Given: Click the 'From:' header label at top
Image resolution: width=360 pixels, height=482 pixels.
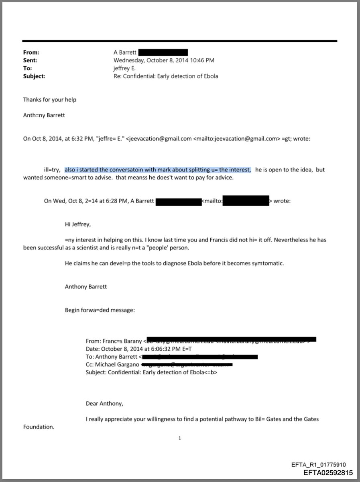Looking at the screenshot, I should click(31, 52).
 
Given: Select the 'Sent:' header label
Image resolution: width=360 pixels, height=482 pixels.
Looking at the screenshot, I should click(30, 60).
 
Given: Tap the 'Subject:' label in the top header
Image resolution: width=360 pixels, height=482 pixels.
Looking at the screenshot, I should click(34, 76).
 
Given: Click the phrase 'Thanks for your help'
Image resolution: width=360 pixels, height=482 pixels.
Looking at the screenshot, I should click(49, 100).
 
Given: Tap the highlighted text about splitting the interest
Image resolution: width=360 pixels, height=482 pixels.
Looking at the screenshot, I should click(158, 170).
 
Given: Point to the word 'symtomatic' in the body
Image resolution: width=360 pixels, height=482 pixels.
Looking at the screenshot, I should click(270, 263).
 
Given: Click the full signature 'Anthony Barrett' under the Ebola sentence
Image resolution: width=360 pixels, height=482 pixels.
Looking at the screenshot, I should click(86, 287).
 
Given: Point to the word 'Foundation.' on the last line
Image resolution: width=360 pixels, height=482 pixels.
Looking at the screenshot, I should click(39, 427).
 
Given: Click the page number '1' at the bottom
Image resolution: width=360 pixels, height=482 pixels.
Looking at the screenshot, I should click(180, 438).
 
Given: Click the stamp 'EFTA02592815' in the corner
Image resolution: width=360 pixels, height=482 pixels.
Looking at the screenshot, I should click(328, 473).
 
